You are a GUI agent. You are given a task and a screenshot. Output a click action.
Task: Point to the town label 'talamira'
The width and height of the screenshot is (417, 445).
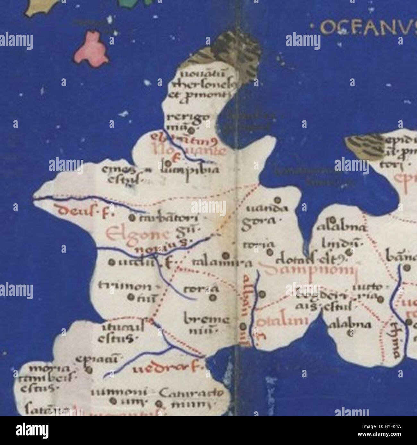[222, 263]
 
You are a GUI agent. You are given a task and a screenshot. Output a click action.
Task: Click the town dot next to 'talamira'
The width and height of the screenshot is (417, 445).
[226, 255]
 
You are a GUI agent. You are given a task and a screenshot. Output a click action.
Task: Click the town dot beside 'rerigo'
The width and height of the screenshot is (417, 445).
[191, 130]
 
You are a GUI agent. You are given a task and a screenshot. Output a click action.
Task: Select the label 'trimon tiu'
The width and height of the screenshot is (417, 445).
[125, 291]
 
